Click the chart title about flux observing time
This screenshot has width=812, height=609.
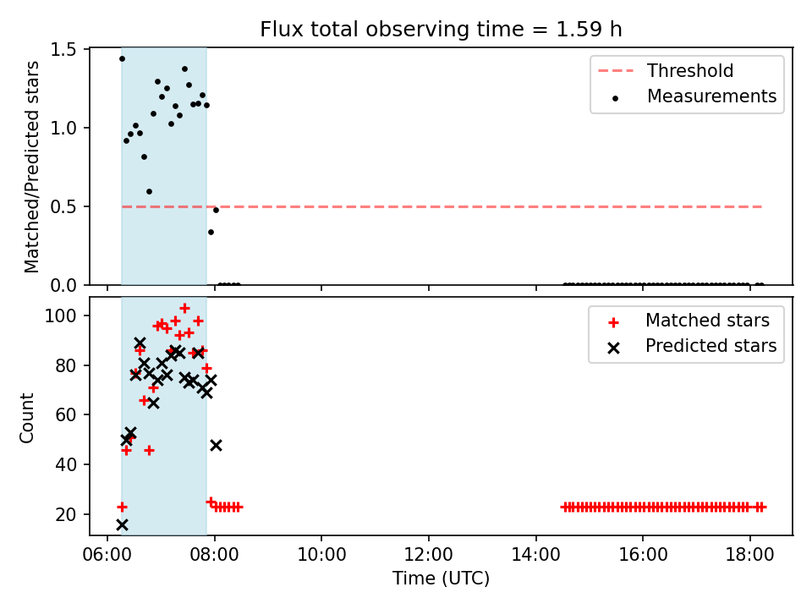click(x=441, y=30)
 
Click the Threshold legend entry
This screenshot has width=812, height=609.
click(x=666, y=70)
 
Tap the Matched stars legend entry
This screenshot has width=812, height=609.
click(x=689, y=321)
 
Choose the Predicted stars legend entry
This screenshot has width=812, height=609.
click(x=693, y=346)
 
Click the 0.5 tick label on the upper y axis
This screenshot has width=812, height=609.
click(x=63, y=206)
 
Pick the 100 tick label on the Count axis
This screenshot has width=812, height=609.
click(x=61, y=315)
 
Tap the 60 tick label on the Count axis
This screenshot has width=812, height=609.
click(x=66, y=414)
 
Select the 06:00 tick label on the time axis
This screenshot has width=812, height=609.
click(x=107, y=555)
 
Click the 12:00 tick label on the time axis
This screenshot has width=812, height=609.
click(x=429, y=555)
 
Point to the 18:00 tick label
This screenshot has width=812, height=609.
click(x=750, y=555)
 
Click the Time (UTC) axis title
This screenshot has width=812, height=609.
click(x=441, y=578)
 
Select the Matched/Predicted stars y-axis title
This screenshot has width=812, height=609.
click(x=31, y=167)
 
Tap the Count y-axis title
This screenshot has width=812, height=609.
click(x=26, y=418)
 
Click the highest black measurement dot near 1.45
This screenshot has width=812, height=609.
click(x=122, y=59)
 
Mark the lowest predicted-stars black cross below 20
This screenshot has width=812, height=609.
click(x=122, y=525)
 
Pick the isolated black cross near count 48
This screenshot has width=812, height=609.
click(x=216, y=446)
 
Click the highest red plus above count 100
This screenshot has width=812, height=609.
click(x=184, y=309)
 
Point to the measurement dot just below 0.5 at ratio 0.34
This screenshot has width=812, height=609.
click(x=211, y=232)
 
